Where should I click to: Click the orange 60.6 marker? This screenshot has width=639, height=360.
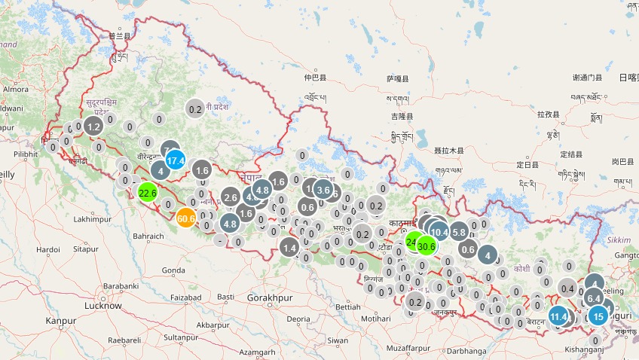187,218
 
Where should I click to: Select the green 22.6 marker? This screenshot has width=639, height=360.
148,193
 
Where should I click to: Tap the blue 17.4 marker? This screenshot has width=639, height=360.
176,160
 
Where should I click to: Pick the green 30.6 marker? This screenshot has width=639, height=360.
427,246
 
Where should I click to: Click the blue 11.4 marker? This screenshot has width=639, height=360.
558,316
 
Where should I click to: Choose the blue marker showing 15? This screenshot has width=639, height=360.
598,316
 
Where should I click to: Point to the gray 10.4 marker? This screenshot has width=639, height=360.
439,232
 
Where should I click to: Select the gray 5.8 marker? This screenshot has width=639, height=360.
459,232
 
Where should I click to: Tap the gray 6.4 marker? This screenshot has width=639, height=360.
594,298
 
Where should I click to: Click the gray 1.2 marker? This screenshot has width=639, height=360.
93,127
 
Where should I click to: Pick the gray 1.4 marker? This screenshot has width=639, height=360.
290,247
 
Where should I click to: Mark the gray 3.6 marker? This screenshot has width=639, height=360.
323,190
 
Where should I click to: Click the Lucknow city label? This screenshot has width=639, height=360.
103,306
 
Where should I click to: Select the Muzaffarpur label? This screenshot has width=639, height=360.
407,349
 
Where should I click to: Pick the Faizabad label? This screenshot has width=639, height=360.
186,297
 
